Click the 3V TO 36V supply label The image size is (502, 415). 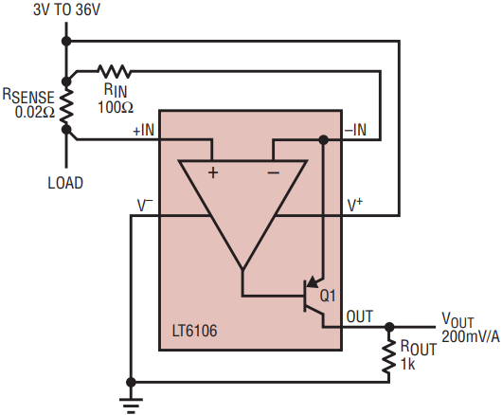click(x=66, y=9)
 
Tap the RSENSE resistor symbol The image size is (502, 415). click(x=66, y=106)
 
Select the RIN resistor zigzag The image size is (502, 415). click(x=115, y=71)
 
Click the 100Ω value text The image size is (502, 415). click(x=116, y=107)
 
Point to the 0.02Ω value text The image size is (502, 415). click(x=35, y=112)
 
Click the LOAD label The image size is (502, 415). click(x=65, y=183)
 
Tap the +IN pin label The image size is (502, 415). click(x=144, y=130)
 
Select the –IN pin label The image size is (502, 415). click(x=355, y=130)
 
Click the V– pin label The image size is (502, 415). click(x=145, y=205)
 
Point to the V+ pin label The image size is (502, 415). click(x=355, y=205)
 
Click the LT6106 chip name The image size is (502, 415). click(x=195, y=331)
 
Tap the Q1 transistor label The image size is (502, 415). click(x=328, y=296)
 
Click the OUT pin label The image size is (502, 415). click(x=360, y=316)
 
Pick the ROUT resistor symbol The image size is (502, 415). click(x=389, y=355)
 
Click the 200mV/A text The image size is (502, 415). click(x=471, y=337)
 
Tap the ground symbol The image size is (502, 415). click(x=131, y=406)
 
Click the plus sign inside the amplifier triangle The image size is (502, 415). click(x=213, y=172)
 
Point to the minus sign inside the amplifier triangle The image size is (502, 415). click(x=274, y=172)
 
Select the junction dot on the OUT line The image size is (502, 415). click(x=389, y=327)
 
